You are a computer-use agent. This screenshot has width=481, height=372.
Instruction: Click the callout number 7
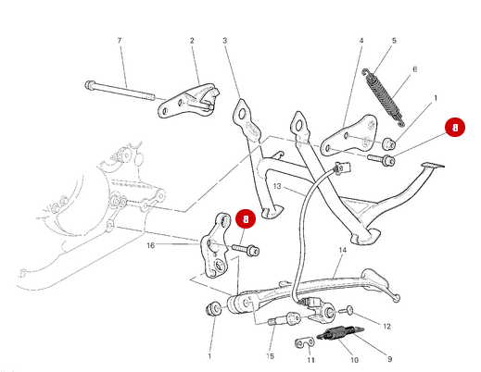point(119,41)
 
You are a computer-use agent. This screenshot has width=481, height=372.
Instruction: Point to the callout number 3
point(224,41)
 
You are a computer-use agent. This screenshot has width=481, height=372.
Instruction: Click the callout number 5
point(394,41)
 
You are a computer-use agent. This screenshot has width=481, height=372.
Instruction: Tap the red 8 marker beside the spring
point(452,129)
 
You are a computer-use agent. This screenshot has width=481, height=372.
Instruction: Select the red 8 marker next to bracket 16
point(246,219)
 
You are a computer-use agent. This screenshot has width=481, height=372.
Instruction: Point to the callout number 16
point(150,245)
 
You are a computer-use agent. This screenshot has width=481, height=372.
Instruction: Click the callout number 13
point(275,186)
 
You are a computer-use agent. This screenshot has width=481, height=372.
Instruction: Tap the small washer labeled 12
point(351,310)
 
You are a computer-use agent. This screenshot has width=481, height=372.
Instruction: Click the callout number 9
point(388,359)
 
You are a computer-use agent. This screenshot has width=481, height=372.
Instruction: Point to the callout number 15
point(271,356)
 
